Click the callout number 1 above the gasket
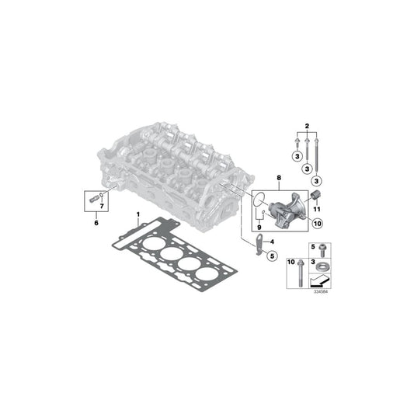[139, 214]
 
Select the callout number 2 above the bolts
[308, 127]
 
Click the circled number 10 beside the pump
[317, 223]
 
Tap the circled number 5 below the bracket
[272, 256]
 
